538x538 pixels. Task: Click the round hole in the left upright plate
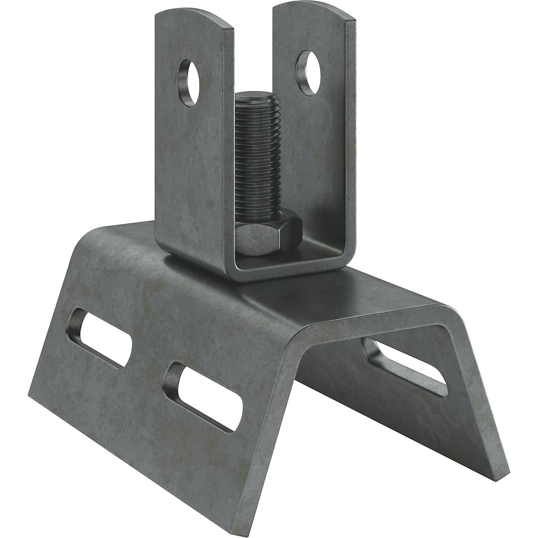click(x=189, y=76)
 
